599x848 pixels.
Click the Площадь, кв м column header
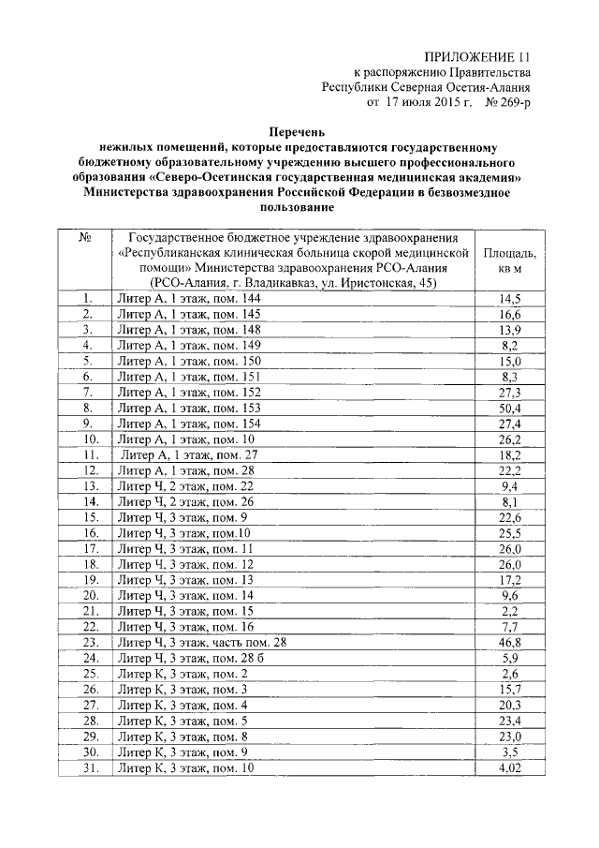(x=510, y=260)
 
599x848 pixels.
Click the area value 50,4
(x=510, y=409)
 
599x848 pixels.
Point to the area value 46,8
(x=510, y=643)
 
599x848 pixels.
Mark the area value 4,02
(x=510, y=768)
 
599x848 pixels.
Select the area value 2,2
(x=510, y=612)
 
